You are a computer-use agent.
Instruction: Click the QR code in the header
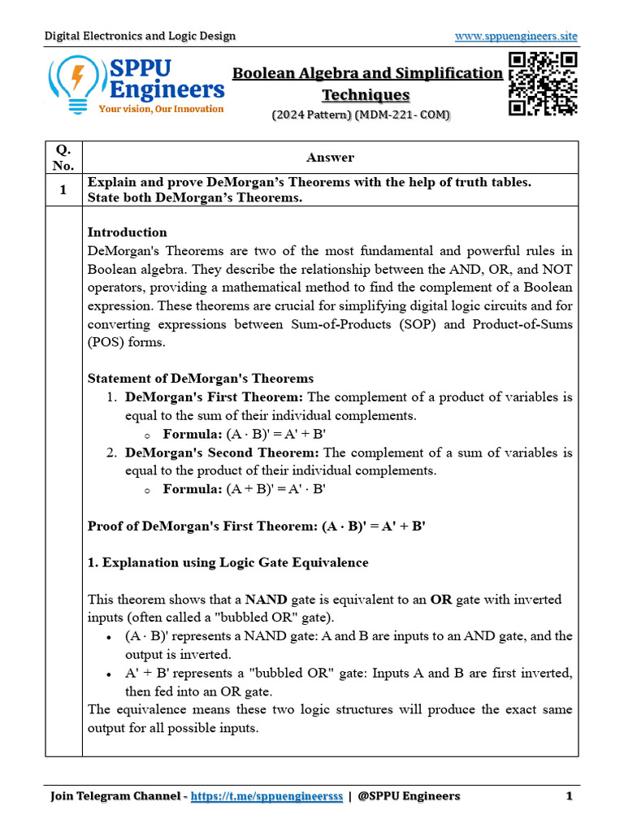(543, 84)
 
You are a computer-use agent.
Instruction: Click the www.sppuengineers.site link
(516, 36)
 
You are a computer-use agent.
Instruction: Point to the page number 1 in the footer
(570, 795)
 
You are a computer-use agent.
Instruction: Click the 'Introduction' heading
(127, 232)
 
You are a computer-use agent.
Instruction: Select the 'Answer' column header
(330, 158)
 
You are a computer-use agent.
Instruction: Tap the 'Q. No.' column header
(63, 158)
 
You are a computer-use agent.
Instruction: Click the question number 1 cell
(63, 182)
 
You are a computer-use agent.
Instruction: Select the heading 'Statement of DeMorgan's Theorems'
(200, 379)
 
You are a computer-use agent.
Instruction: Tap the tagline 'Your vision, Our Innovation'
(161, 109)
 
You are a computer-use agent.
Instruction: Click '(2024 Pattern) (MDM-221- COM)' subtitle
(361, 115)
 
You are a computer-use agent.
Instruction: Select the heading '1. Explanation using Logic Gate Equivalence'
(227, 562)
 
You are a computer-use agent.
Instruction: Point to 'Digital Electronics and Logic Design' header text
(140, 36)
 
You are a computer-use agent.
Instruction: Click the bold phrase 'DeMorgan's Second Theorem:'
(223, 453)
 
